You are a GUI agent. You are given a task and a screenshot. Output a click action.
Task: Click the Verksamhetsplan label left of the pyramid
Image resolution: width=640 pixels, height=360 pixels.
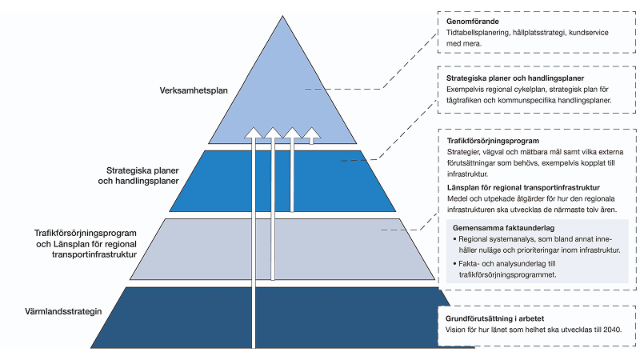click(x=194, y=90)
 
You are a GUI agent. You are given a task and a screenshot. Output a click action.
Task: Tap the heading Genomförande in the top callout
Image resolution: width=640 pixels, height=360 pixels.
click(x=473, y=20)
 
